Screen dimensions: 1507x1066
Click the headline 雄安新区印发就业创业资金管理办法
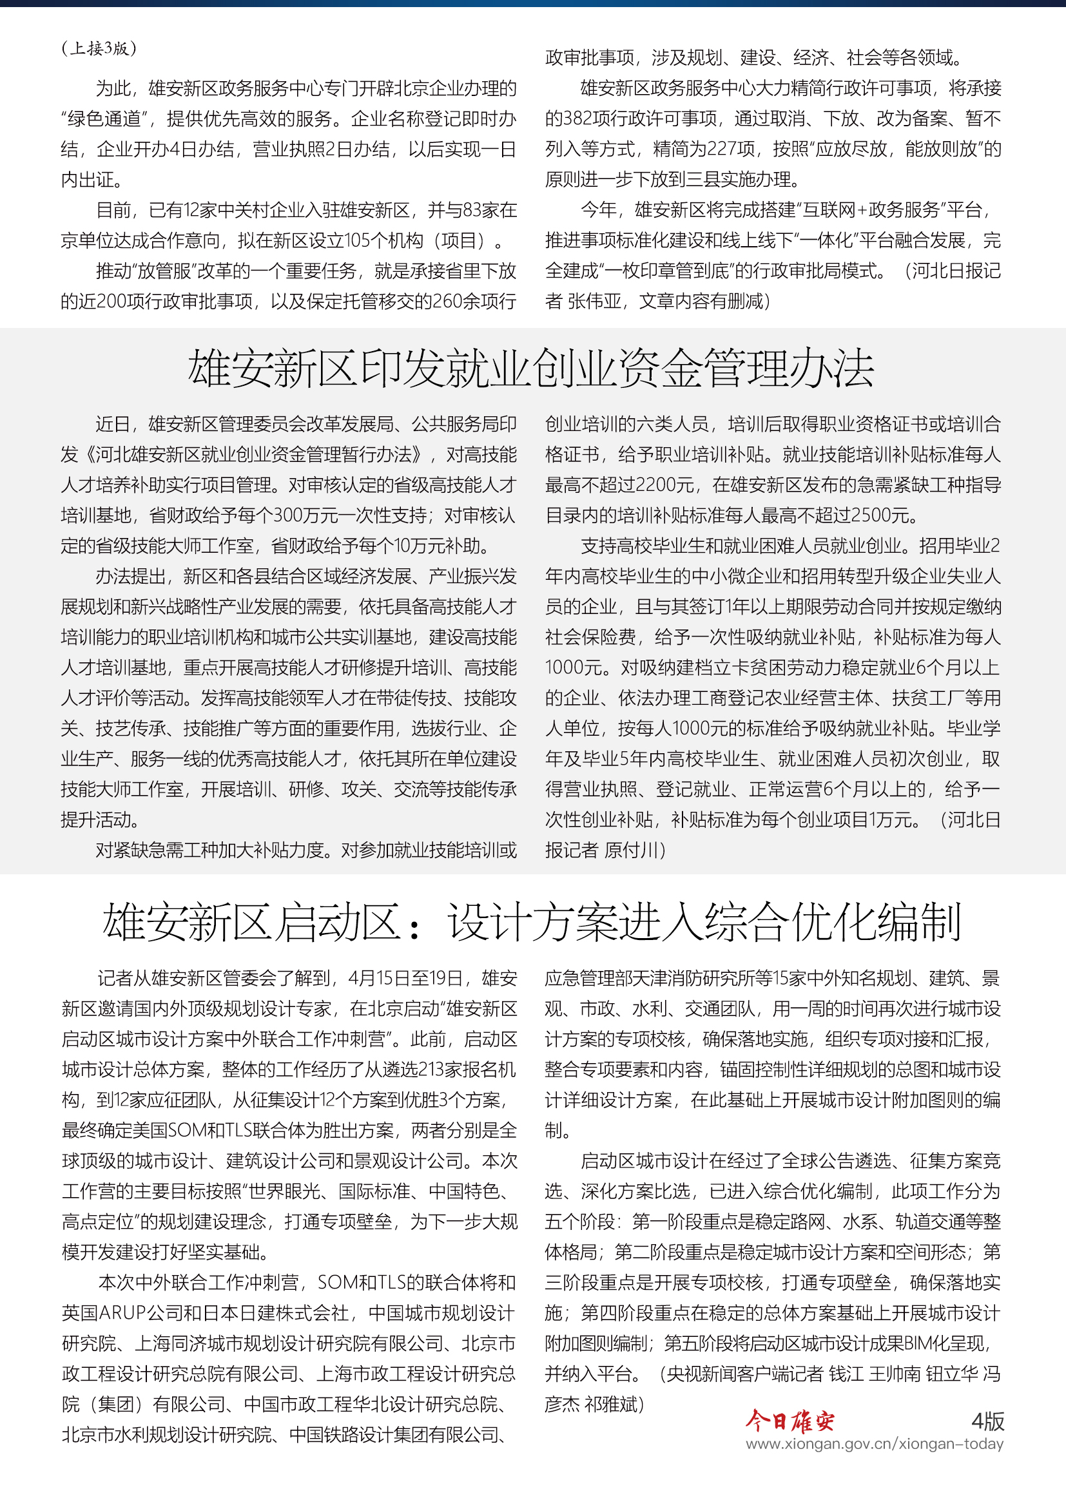click(530, 369)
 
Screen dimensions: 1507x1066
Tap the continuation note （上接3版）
click(99, 48)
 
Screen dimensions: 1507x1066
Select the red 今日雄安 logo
click(790, 1421)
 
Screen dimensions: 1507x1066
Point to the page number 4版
click(987, 1421)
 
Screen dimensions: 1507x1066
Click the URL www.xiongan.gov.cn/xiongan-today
click(875, 1444)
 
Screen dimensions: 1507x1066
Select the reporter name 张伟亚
click(594, 302)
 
